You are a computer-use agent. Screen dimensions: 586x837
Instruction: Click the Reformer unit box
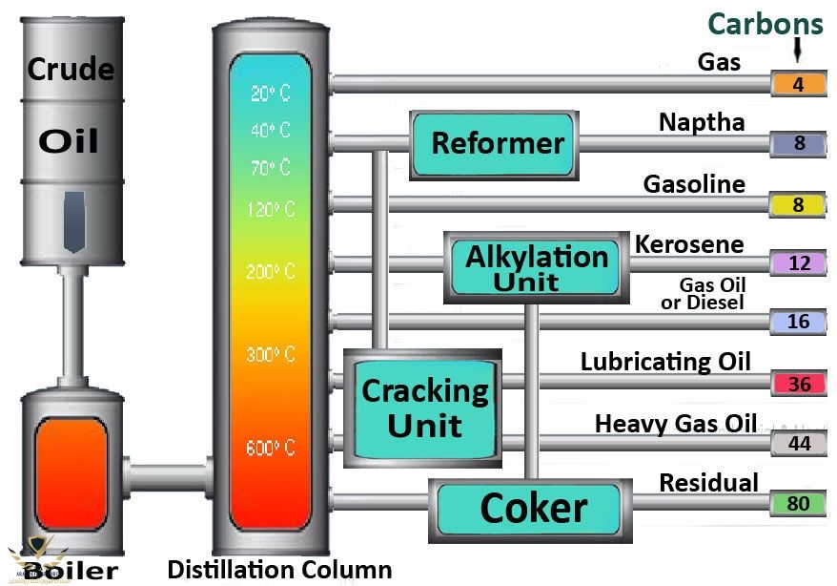coord(494,144)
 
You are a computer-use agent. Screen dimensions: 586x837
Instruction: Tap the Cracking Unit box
coord(424,408)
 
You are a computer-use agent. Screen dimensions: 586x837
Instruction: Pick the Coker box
coord(532,508)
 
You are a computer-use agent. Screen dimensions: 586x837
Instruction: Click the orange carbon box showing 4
coord(799,85)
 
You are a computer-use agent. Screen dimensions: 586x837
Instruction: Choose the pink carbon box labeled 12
coord(799,263)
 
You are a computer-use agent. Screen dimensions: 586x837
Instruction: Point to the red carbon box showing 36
coord(799,384)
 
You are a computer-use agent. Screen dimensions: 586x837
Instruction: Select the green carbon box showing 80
coord(799,503)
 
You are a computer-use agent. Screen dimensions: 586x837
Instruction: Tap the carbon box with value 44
coord(799,443)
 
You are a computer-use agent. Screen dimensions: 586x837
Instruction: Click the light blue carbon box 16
coord(799,323)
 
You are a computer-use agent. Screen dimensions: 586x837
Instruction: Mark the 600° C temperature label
coord(271,448)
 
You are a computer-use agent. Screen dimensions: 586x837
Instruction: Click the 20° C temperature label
coord(271,94)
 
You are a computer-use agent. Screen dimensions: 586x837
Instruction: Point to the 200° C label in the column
coord(271,272)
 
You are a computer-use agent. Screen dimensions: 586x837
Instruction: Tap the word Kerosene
coord(689,244)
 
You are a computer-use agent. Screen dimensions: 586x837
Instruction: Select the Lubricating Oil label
coord(665,362)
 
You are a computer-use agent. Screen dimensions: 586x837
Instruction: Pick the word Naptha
coord(702,122)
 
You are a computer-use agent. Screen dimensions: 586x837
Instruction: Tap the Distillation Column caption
coord(279,571)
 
